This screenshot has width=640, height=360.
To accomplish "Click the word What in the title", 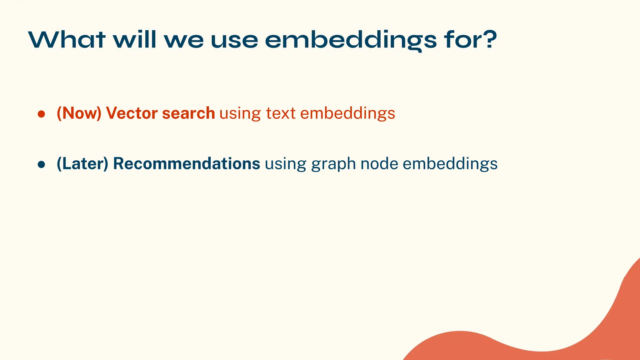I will click(67, 40).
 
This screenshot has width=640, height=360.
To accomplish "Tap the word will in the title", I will click(135, 40).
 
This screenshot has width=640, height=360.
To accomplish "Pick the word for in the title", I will click(460, 40).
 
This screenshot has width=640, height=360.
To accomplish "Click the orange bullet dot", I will click(42, 114).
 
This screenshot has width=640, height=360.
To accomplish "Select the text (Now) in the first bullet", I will click(79, 113).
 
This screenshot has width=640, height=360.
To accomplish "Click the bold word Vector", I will click(132, 113).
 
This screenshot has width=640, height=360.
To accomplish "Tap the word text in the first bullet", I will click(281, 113).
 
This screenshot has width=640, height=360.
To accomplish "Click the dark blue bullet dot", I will click(42, 164).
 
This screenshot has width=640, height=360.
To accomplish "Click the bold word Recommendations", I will click(187, 164).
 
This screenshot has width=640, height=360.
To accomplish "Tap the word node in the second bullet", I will click(379, 164).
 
